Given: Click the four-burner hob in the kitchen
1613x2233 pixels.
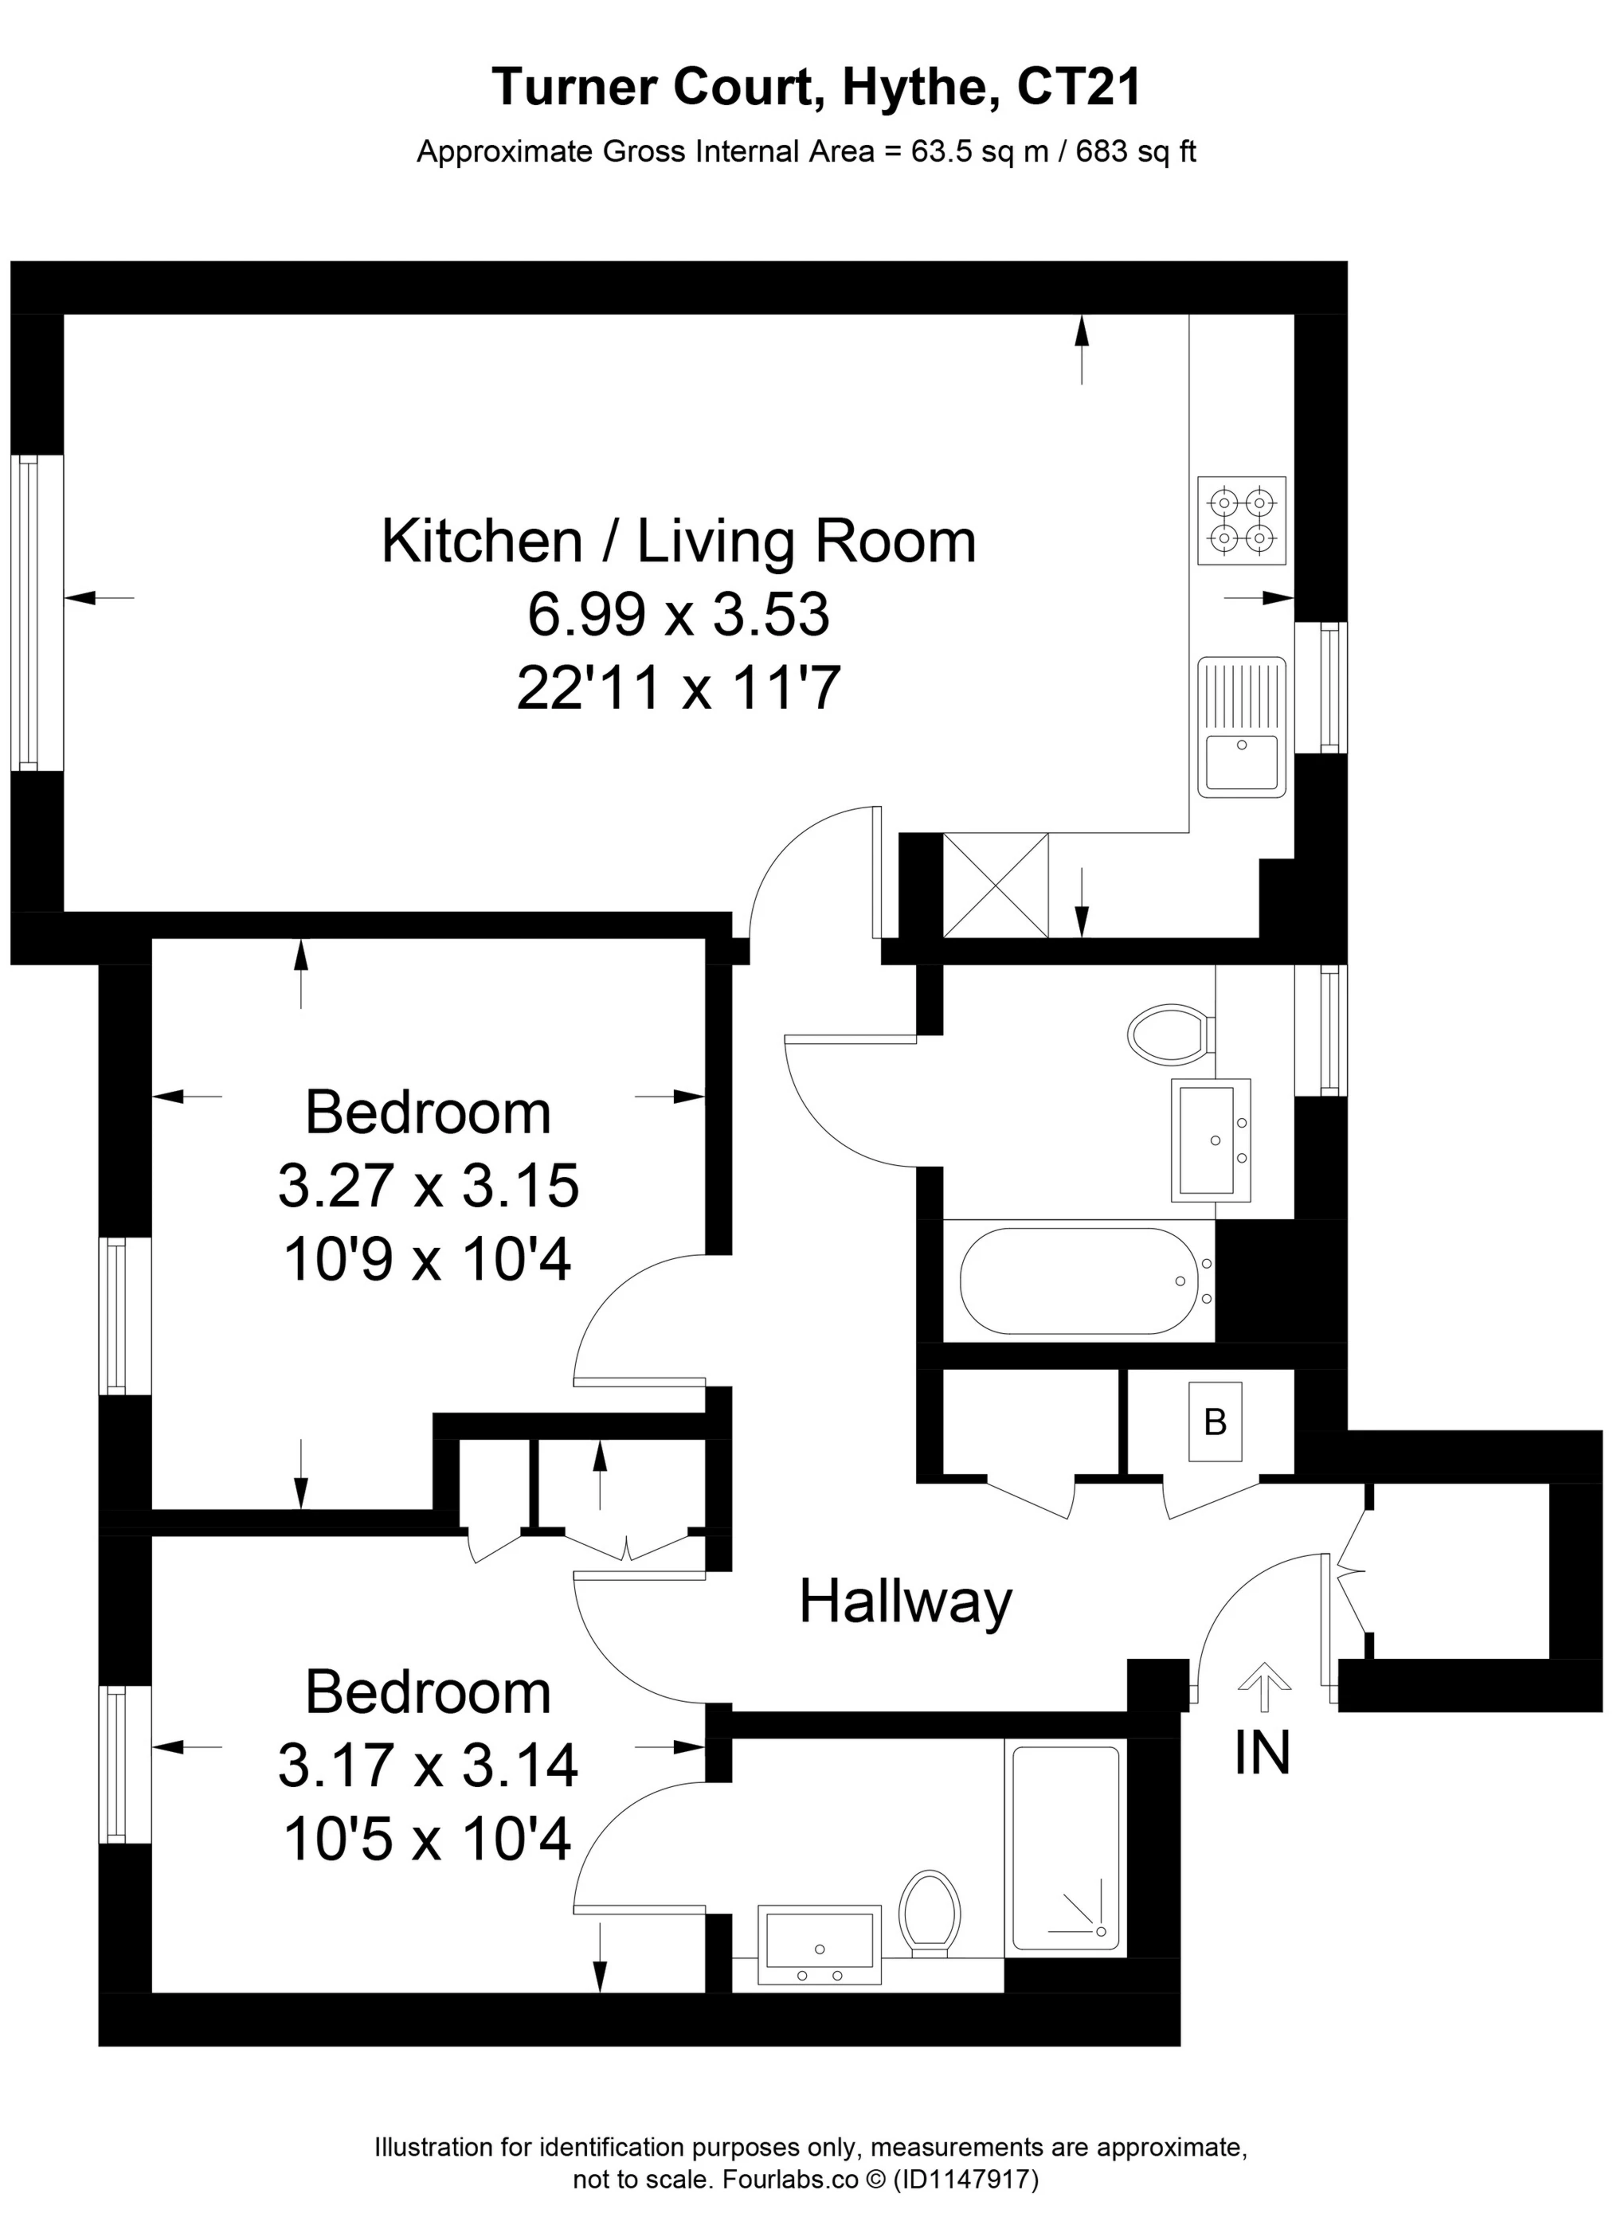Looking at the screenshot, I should tap(1242, 521).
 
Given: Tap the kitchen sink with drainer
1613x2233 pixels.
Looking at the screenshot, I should tap(1242, 726).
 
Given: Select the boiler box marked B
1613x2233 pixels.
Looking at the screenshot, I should tap(1216, 1422).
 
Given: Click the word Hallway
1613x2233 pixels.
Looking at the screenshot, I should tap(905, 1602).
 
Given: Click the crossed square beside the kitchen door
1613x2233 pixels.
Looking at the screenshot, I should tap(995, 885).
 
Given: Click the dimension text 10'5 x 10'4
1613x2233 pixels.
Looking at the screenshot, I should tap(428, 1838).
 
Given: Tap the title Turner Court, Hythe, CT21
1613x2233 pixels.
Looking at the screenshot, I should tap(816, 87).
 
